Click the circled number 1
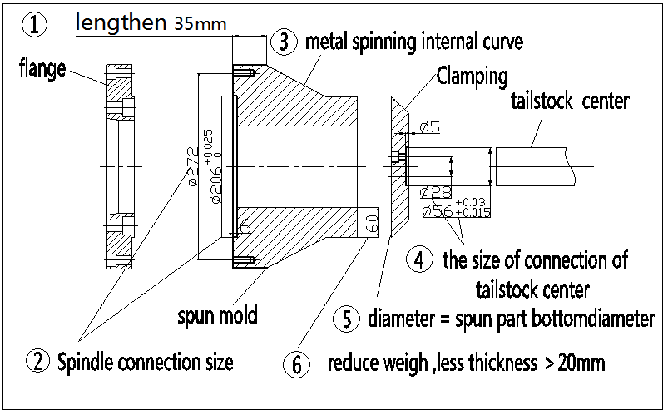tap(32, 26)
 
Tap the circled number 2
tap(37, 361)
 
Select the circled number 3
tap(285, 39)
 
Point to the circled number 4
tap(419, 259)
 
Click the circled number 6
tap(296, 363)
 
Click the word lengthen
tap(121, 22)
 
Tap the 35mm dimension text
tap(200, 24)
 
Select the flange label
tap(42, 69)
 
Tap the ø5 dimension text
tap(429, 127)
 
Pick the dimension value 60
tap(372, 224)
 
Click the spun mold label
tap(217, 315)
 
